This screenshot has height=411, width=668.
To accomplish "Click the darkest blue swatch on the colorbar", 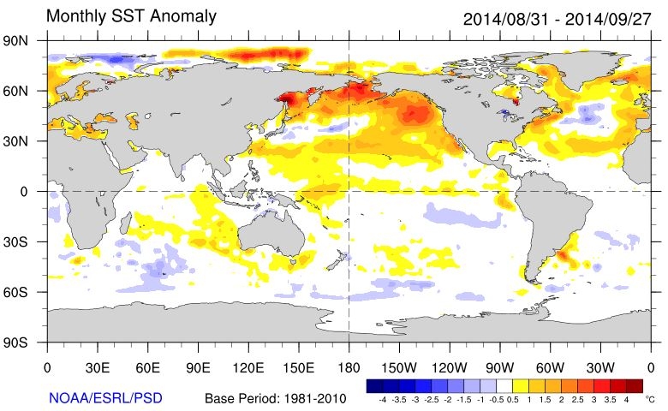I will point(374,386).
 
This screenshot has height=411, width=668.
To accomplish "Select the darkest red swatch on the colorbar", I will point(634,386).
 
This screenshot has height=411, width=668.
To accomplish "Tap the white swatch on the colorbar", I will point(504,386).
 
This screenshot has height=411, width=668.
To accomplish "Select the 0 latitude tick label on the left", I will point(29,192).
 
